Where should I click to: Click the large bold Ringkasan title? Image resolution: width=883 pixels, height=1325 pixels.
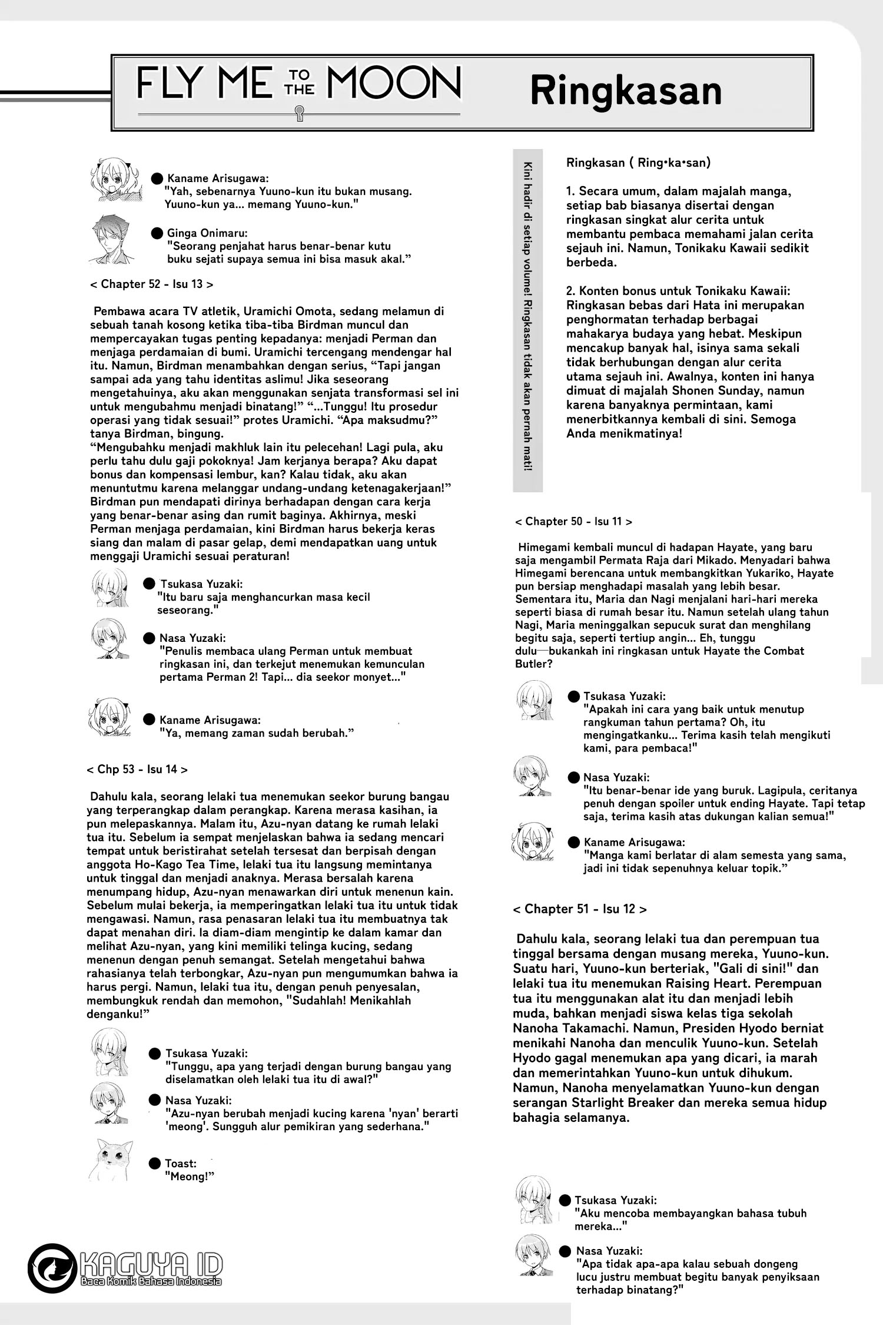click(x=625, y=91)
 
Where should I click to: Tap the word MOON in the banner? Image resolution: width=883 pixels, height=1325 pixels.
click(x=394, y=84)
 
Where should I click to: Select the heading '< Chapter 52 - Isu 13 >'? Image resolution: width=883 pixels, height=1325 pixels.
click(x=151, y=284)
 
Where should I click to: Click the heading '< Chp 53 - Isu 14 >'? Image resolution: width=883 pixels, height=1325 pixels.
click(x=137, y=769)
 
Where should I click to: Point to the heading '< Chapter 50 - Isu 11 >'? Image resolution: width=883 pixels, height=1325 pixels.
click(x=573, y=521)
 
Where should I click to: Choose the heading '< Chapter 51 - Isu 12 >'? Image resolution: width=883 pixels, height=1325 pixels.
click(x=579, y=909)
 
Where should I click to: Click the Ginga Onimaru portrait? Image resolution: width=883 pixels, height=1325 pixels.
click(x=114, y=239)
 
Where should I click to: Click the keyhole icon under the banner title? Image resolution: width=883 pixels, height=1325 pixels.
click(x=299, y=112)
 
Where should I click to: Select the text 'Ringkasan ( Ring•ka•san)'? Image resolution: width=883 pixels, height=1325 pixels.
click(x=638, y=163)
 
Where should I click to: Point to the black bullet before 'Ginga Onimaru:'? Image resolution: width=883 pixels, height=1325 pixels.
click(x=157, y=233)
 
